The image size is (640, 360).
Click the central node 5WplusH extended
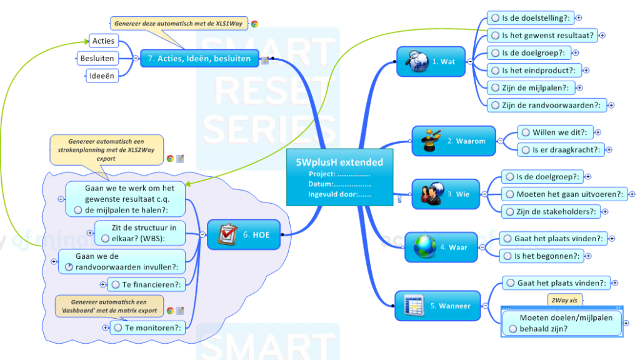[339, 177]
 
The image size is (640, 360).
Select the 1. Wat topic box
[431, 61]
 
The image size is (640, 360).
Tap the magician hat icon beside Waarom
[431, 140]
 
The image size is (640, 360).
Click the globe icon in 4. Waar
[425, 247]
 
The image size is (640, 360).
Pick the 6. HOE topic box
[244, 234]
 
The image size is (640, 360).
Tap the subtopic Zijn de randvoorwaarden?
[547, 105]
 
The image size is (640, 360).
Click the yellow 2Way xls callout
[564, 301]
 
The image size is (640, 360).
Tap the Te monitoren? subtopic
[147, 327]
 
